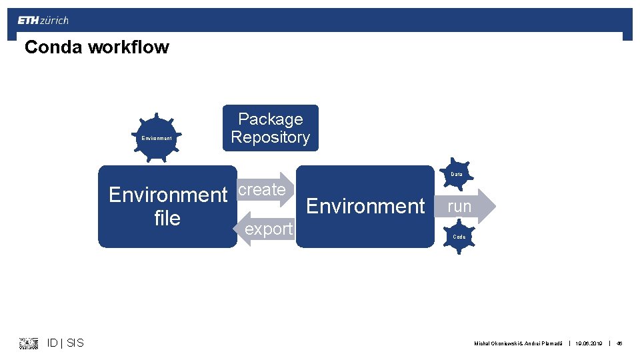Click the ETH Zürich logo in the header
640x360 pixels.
click(43, 21)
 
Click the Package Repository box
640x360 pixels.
click(270, 128)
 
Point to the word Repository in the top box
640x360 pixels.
click(270, 137)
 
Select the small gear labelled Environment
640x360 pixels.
click(156, 138)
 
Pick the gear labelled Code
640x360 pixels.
click(459, 237)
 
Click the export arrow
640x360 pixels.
click(265, 229)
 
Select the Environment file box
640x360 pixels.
click(167, 207)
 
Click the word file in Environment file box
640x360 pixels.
click(167, 219)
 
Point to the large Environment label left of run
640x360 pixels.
click(365, 207)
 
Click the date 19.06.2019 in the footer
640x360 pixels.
click(589, 343)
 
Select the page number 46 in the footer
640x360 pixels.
click(619, 343)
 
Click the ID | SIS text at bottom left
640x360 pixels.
click(65, 343)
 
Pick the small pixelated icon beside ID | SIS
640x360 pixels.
click(29, 343)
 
